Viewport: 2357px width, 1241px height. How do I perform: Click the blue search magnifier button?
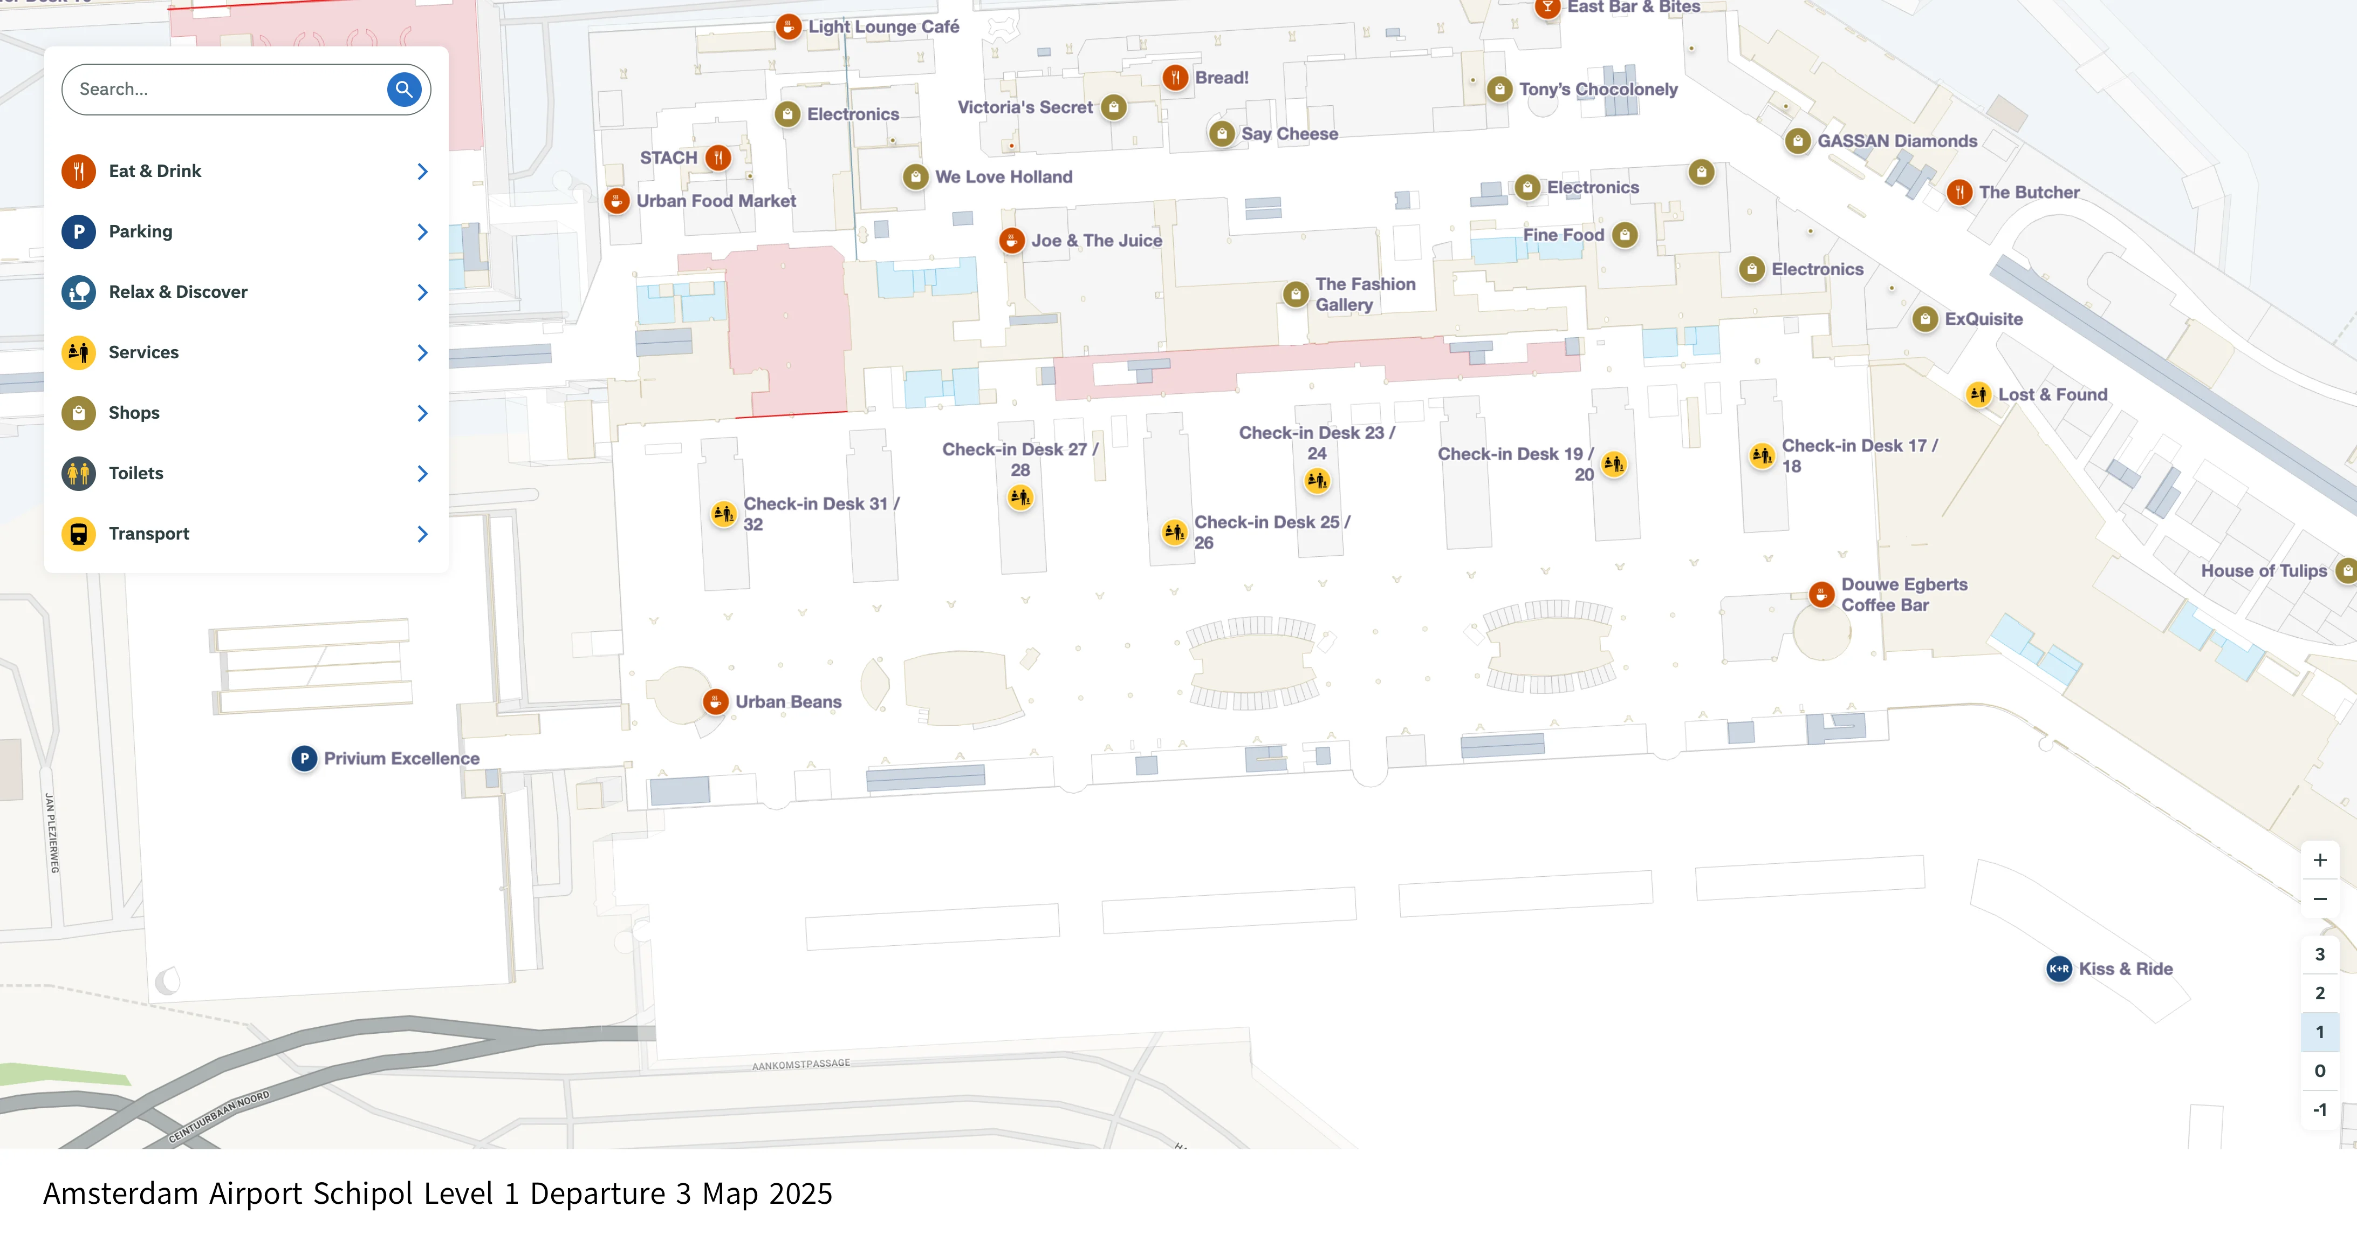[403, 89]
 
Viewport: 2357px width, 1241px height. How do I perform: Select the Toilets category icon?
[79, 473]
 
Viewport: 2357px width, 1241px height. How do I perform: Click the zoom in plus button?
[2319, 860]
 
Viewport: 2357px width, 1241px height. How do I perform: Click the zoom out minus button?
[2319, 899]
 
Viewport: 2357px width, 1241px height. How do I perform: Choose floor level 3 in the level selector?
[2319, 954]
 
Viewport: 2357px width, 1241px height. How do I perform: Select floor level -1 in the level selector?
[2319, 1109]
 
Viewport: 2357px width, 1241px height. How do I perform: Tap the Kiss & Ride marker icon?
[2059, 969]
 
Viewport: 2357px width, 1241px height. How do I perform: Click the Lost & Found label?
[2052, 394]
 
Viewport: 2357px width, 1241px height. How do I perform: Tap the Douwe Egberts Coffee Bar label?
[1903, 594]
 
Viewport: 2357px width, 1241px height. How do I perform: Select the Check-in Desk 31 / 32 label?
[821, 514]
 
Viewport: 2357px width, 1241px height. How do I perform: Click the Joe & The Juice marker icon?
[1011, 241]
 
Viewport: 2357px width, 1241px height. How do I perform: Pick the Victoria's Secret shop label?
[1025, 107]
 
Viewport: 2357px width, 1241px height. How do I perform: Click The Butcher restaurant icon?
[1959, 192]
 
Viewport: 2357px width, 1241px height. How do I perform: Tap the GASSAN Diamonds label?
[1897, 141]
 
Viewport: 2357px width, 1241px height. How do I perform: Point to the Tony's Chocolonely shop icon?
[1499, 89]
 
